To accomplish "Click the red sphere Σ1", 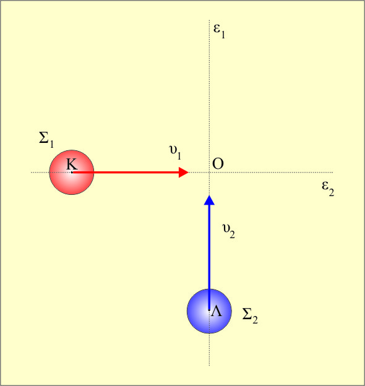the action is point(72,173).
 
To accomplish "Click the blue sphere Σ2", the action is point(209,311).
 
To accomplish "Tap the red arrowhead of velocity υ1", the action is point(184,173).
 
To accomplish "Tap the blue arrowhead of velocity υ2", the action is point(210,200).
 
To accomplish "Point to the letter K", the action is point(72,164).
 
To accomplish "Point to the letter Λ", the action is point(217,311).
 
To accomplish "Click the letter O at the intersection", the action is point(218,164).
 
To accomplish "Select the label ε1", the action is point(219,32).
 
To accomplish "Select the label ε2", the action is point(328,189).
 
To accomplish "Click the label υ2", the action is point(228,231).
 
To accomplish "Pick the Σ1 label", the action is point(46,140).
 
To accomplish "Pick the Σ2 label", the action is point(250,316).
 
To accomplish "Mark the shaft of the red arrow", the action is point(126,173).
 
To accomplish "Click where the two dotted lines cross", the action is point(210,173).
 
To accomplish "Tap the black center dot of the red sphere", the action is point(72,173).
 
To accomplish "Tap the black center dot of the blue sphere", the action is point(209,310).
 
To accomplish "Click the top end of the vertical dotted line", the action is point(210,20).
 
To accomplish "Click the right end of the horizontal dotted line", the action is point(333,173).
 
